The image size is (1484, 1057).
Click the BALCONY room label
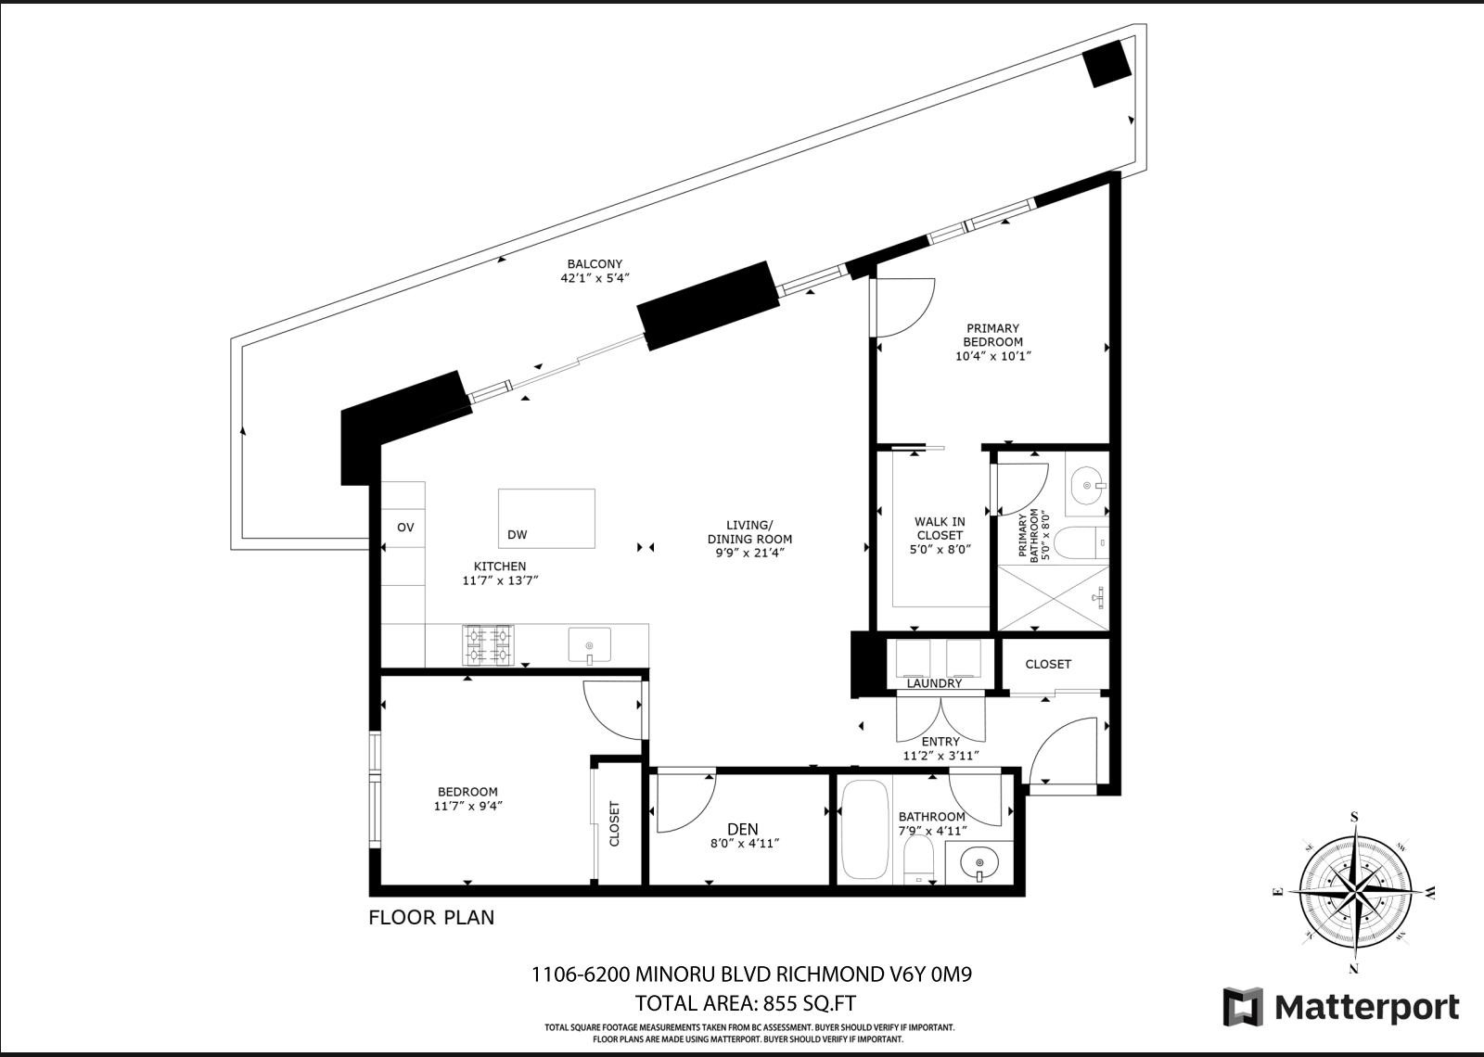coord(595,264)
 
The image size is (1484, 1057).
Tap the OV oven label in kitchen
coord(405,528)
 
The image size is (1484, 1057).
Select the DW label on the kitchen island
coord(518,535)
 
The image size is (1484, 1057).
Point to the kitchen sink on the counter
coord(589,644)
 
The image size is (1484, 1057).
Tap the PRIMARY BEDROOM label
coord(992,335)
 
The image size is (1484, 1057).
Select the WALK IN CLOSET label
coord(940,528)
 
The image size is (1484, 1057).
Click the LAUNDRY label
coord(934,683)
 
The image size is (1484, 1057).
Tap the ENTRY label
coord(940,742)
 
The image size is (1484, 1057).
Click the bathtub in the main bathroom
coord(864,830)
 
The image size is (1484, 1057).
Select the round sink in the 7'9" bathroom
coord(979,864)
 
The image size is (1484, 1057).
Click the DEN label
coord(743,829)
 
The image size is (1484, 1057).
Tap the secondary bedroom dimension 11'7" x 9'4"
coord(467,806)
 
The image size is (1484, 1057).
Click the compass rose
coord(1355,893)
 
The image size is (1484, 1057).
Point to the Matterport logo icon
coord(1242,1006)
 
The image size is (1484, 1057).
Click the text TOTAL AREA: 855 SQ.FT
coord(745,1003)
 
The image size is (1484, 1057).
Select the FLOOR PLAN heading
coord(431,918)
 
